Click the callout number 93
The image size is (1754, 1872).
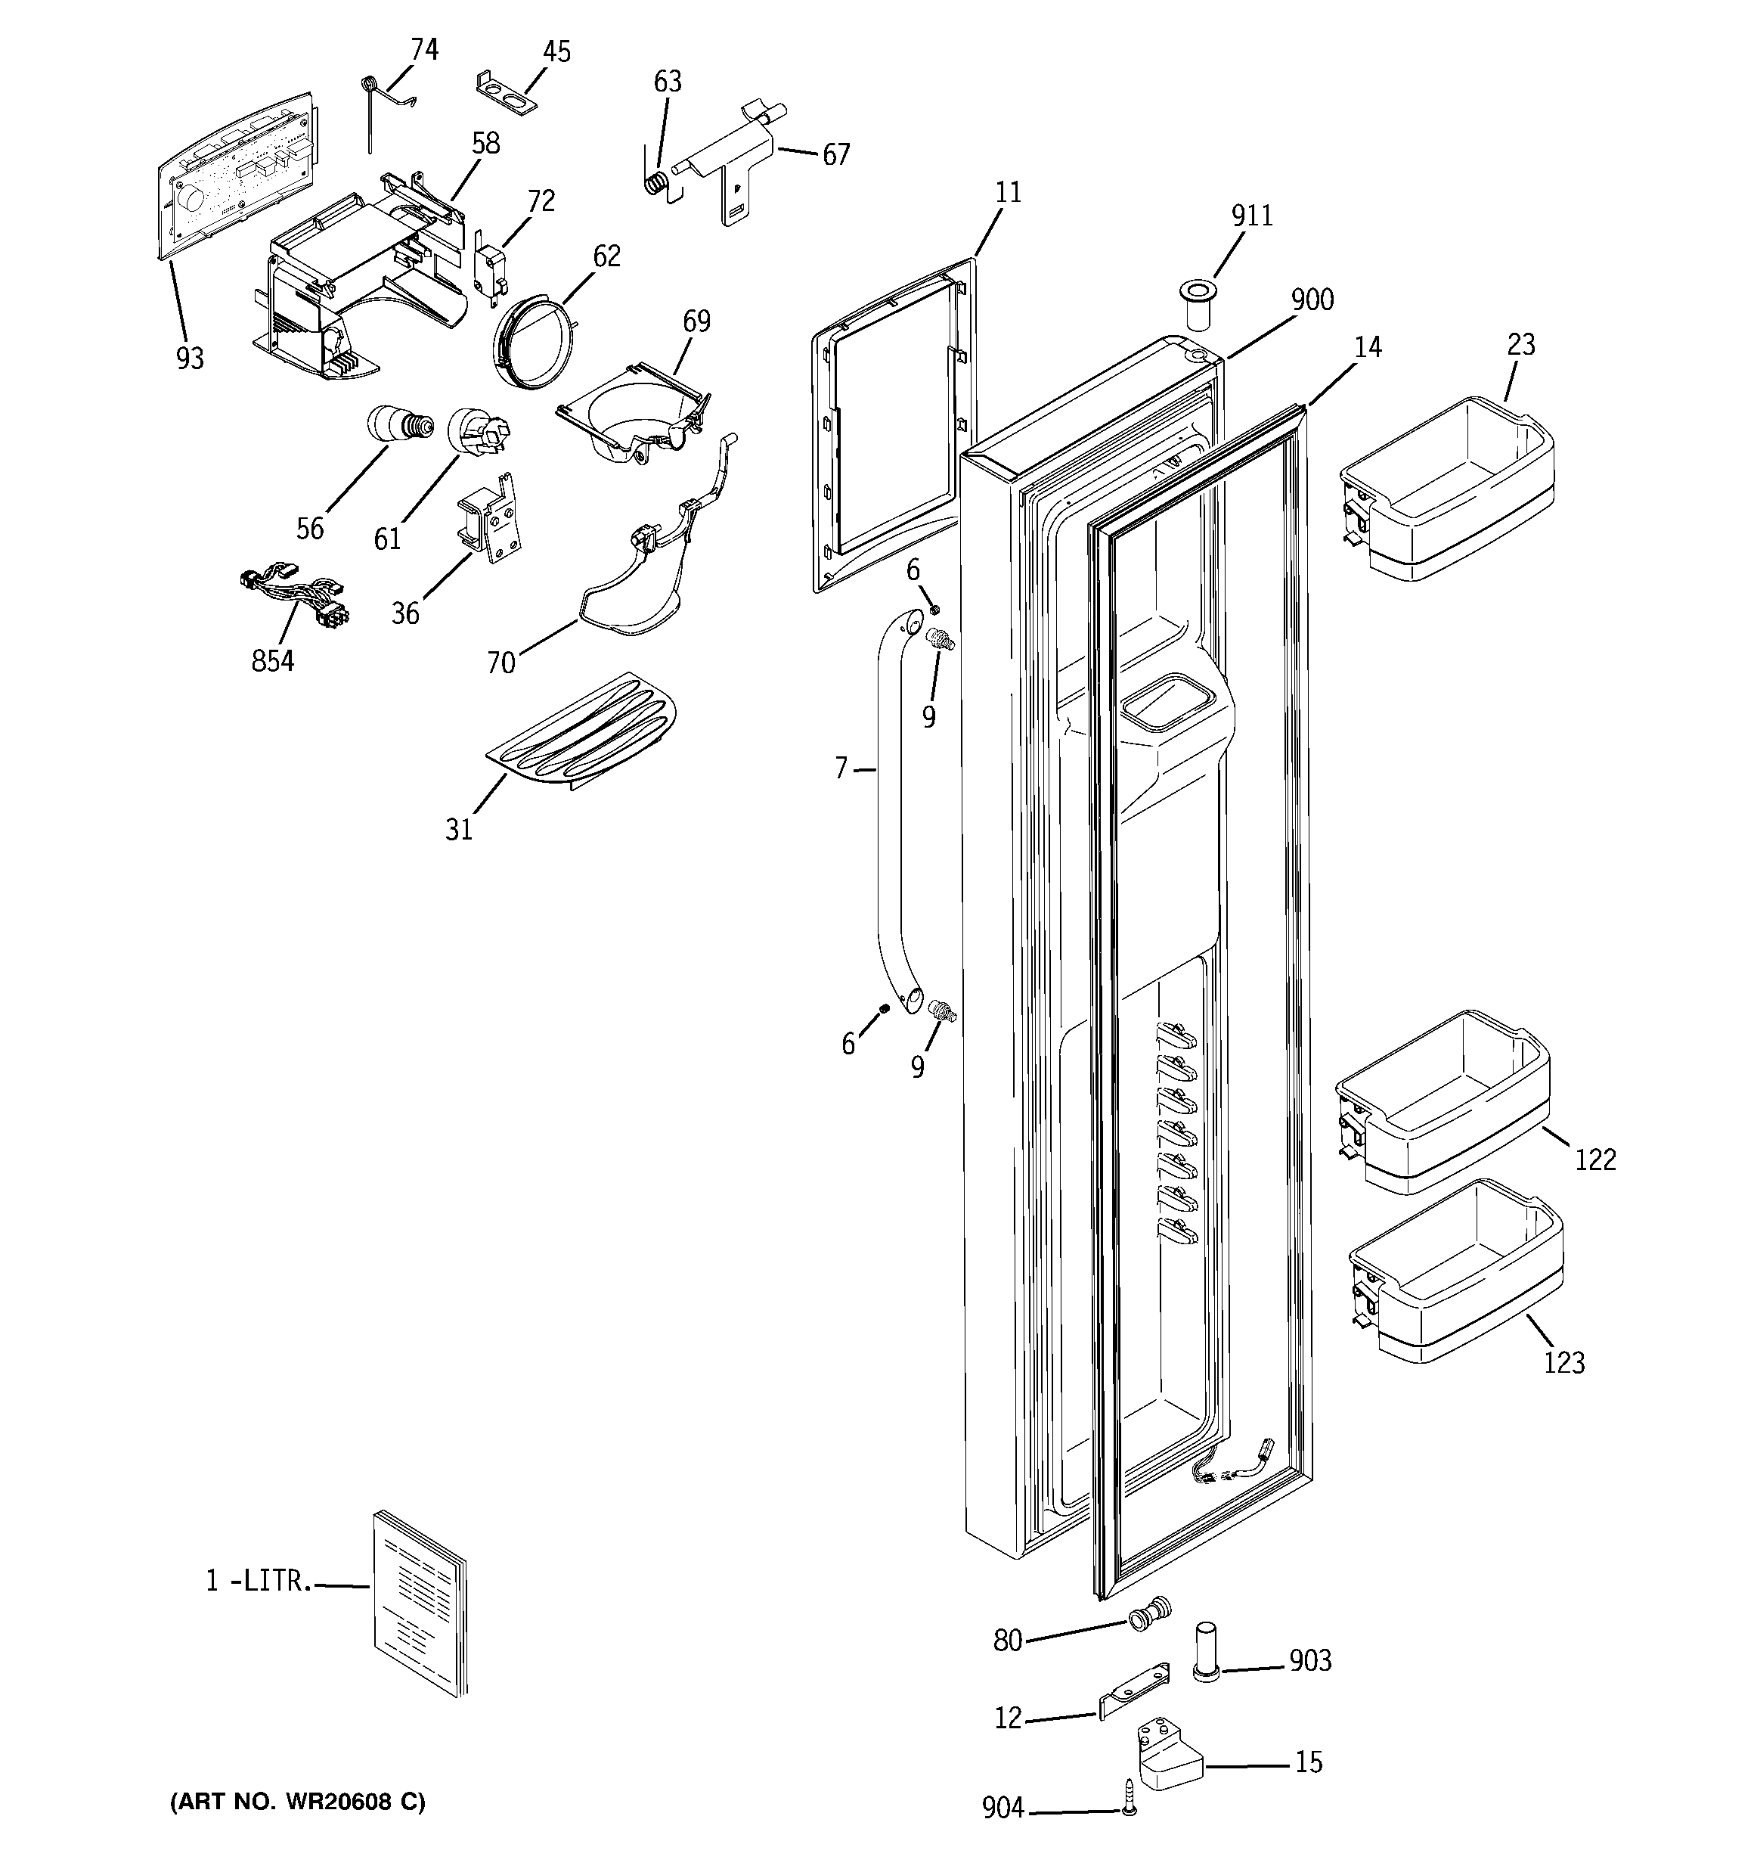[x=189, y=358]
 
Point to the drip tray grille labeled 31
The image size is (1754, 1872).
[x=584, y=731]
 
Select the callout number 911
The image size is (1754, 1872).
[x=1252, y=216]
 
